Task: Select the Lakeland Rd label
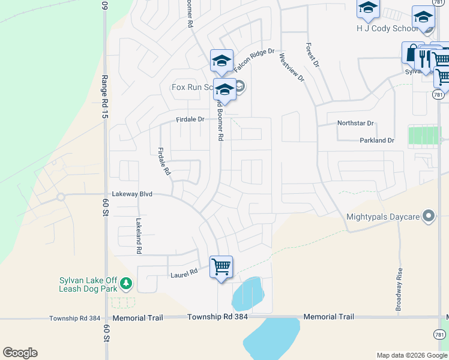pyautogui.click(x=139, y=235)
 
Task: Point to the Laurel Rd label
pyautogui.click(x=184, y=273)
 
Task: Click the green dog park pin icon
pyautogui.click(x=125, y=282)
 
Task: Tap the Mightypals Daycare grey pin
pyautogui.click(x=428, y=216)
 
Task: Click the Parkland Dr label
pyautogui.click(x=376, y=140)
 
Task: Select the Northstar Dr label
pyautogui.click(x=355, y=123)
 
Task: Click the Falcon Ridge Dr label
pyautogui.click(x=253, y=53)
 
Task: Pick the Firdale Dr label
pyautogui.click(x=190, y=119)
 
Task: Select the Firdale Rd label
pyautogui.click(x=163, y=161)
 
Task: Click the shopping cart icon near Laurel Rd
pyautogui.click(x=221, y=266)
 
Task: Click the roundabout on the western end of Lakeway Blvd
pyautogui.click(x=61, y=196)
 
